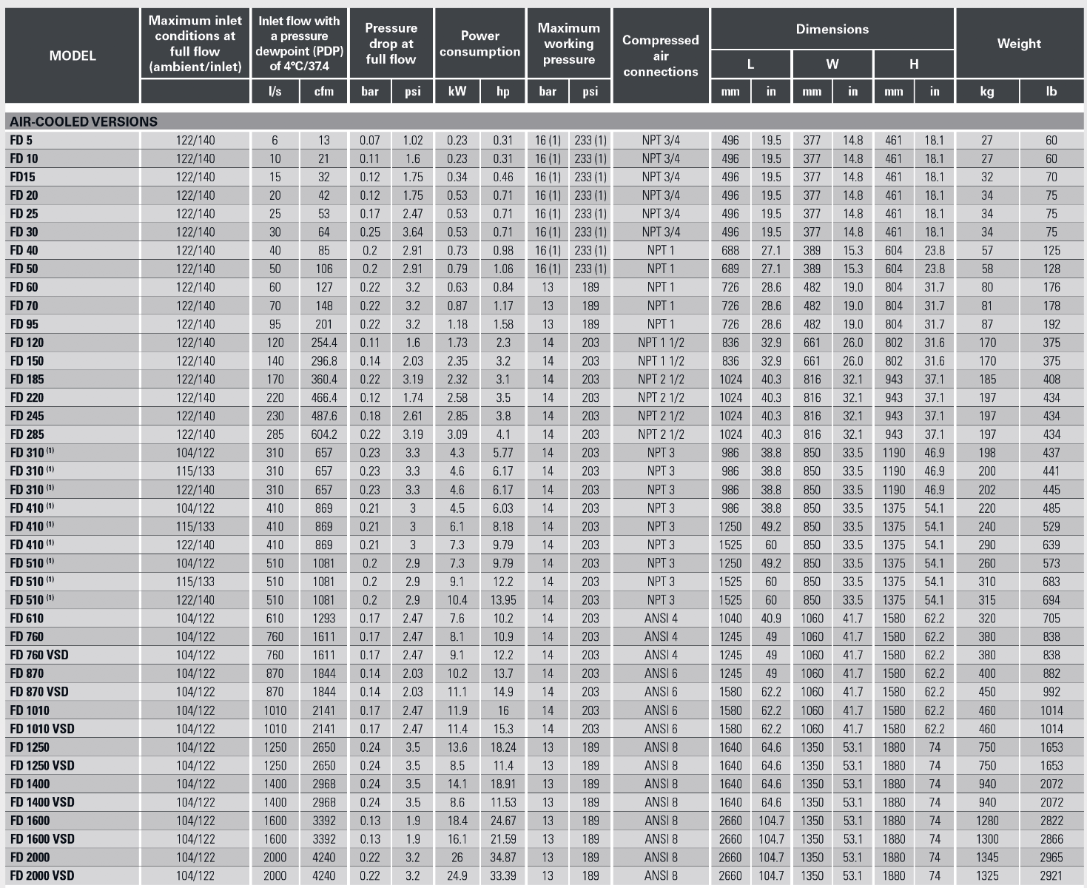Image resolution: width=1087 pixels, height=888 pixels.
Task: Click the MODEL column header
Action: (x=73, y=55)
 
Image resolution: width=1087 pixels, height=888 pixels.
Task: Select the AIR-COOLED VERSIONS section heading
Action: (x=84, y=121)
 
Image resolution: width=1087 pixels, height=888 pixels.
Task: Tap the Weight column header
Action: (x=1019, y=44)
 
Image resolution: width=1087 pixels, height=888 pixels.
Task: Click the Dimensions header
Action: (x=832, y=30)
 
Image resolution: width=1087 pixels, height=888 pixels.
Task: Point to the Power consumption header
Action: (x=479, y=44)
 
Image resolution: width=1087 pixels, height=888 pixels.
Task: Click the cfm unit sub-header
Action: (x=324, y=92)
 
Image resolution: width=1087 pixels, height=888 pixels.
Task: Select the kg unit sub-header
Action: (x=987, y=92)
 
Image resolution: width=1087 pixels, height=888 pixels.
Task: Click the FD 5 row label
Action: (x=21, y=140)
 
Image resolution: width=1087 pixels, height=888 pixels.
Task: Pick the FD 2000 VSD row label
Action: (x=42, y=875)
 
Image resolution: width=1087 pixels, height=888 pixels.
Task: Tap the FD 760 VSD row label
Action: (x=39, y=655)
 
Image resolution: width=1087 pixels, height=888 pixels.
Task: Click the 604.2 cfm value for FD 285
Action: (x=324, y=434)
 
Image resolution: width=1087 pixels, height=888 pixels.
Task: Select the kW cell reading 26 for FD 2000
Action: (x=457, y=857)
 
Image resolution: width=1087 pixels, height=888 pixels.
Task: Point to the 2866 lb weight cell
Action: (x=1051, y=838)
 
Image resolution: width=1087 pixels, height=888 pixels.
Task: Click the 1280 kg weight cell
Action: (x=987, y=821)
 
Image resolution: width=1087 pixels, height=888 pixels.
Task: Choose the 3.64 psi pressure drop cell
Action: (x=413, y=232)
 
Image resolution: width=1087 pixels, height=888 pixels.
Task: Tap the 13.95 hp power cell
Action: (x=503, y=600)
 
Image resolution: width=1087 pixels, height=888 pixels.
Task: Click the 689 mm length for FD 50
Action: (x=730, y=269)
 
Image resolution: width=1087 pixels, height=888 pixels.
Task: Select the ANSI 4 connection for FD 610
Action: (x=661, y=618)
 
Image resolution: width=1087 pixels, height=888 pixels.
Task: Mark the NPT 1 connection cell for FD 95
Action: (x=661, y=324)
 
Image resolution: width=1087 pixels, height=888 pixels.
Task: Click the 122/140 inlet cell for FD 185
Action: (x=195, y=379)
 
